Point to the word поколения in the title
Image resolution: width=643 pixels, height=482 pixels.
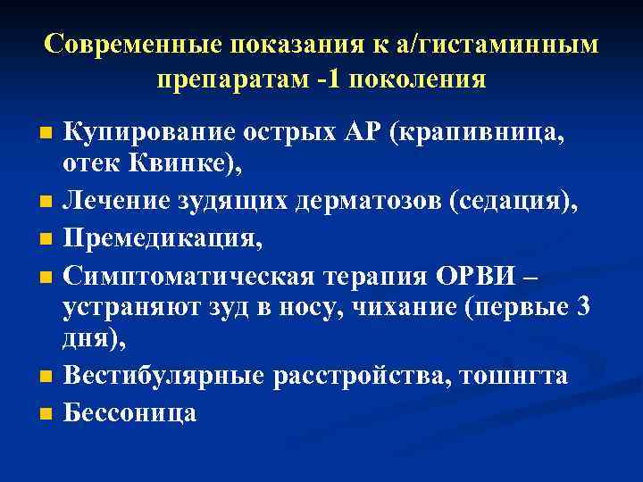click(419, 79)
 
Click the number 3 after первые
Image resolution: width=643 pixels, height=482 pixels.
click(582, 308)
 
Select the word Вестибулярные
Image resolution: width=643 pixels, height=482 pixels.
click(163, 376)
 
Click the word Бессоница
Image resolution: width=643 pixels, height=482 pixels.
click(129, 412)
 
